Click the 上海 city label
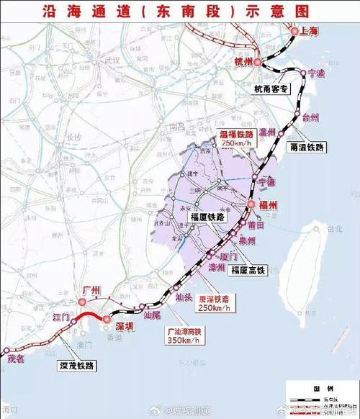pyautogui.click(x=310, y=31)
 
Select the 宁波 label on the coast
pyautogui.click(x=317, y=73)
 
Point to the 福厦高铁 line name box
pyautogui.click(x=248, y=271)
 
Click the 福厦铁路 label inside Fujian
pyautogui.click(x=207, y=215)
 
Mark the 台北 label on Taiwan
pyautogui.click(x=334, y=229)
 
